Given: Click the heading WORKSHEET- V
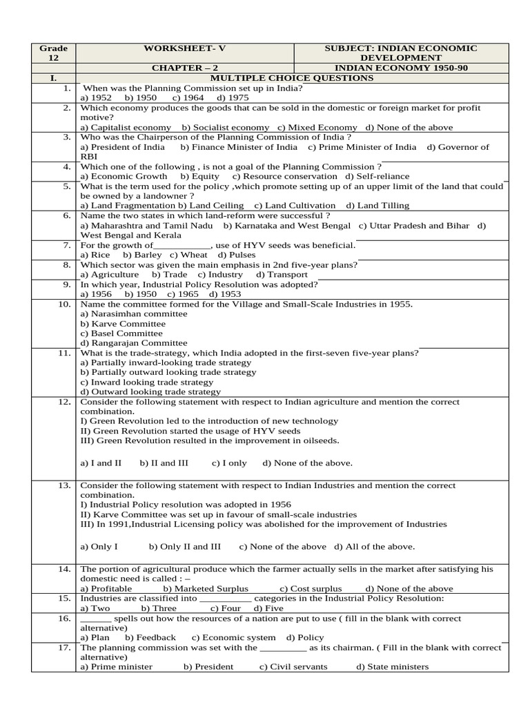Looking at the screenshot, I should click(x=184, y=48).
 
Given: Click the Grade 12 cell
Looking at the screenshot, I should click(x=53, y=53).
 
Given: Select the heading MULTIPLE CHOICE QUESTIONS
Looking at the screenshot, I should click(x=292, y=78).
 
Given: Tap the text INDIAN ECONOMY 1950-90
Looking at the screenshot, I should click(x=402, y=68).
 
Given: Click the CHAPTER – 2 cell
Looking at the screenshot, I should click(x=184, y=68).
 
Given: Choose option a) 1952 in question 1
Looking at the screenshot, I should click(x=96, y=98).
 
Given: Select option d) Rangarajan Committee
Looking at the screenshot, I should click(x=133, y=342).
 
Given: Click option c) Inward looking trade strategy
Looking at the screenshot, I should click(x=147, y=382).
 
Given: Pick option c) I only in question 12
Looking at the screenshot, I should click(x=229, y=463).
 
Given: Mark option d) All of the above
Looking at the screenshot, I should click(x=375, y=546).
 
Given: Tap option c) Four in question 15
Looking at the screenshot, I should click(x=226, y=608).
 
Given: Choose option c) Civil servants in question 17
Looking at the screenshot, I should click(x=293, y=666).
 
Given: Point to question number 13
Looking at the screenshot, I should click(x=65, y=485).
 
